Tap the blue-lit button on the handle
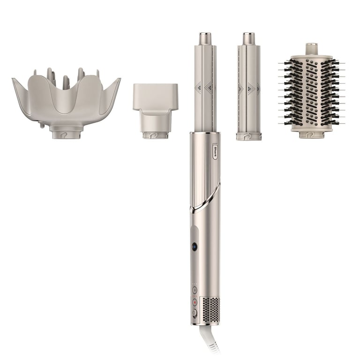click(x=195, y=247)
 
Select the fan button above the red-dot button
click(x=195, y=290)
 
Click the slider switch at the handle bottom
click(x=194, y=313)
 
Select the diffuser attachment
click(x=66, y=101)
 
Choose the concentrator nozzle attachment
click(x=155, y=108)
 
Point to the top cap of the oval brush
click(x=312, y=49)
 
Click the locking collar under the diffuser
click(x=66, y=134)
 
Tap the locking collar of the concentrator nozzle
click(x=155, y=135)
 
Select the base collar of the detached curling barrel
click(x=248, y=136)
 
